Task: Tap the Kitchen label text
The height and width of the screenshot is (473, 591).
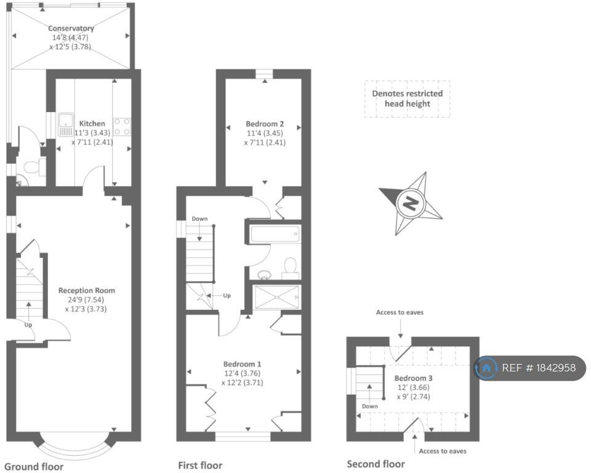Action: pos(90,123)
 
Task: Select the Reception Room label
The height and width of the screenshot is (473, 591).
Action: pos(86,290)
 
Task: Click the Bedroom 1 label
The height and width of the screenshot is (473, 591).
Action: pos(242,363)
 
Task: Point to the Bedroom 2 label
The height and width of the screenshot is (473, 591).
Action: pos(265,123)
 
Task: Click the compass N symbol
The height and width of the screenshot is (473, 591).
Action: pos(410,202)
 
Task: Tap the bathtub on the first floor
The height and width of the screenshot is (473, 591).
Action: pos(275,235)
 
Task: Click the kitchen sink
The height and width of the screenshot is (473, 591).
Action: pos(65,126)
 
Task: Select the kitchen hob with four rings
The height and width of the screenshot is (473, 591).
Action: pos(122,126)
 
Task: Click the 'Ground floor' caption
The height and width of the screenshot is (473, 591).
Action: pos(34,466)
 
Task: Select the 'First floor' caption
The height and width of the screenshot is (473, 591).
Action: pos(200,465)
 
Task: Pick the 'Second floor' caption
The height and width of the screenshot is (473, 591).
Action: pos(376,464)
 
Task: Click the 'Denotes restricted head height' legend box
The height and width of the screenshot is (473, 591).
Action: pos(407,99)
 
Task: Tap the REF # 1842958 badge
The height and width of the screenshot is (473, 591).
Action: pos(529,368)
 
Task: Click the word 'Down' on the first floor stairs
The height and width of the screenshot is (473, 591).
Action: pos(199,219)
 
